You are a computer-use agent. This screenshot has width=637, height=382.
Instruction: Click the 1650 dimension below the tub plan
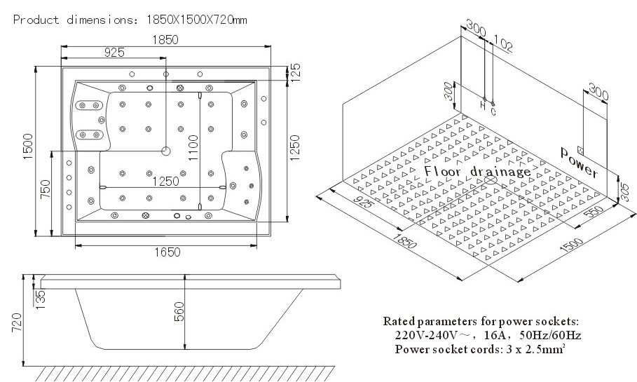[x=167, y=252]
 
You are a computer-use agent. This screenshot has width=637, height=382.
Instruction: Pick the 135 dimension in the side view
[x=41, y=297]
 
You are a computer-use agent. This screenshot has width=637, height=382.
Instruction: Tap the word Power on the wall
[x=579, y=163]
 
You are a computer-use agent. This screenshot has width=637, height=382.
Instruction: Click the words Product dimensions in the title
[x=69, y=20]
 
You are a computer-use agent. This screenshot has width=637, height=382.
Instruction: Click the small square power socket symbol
[x=580, y=149]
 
